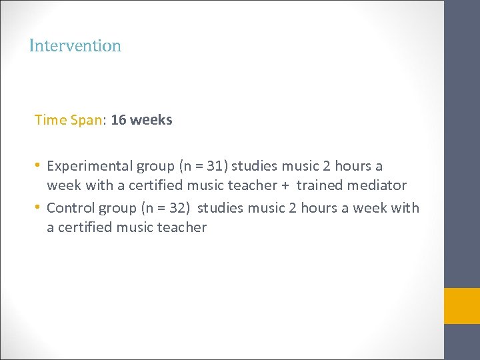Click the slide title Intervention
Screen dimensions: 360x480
click(75, 46)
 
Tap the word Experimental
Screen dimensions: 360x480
click(90, 165)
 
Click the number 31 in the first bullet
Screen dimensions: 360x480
click(213, 165)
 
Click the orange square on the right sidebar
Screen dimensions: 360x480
click(461, 306)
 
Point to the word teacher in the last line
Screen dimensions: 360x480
click(181, 227)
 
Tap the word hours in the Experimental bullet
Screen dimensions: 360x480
click(353, 165)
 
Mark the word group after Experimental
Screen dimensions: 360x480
click(155, 165)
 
